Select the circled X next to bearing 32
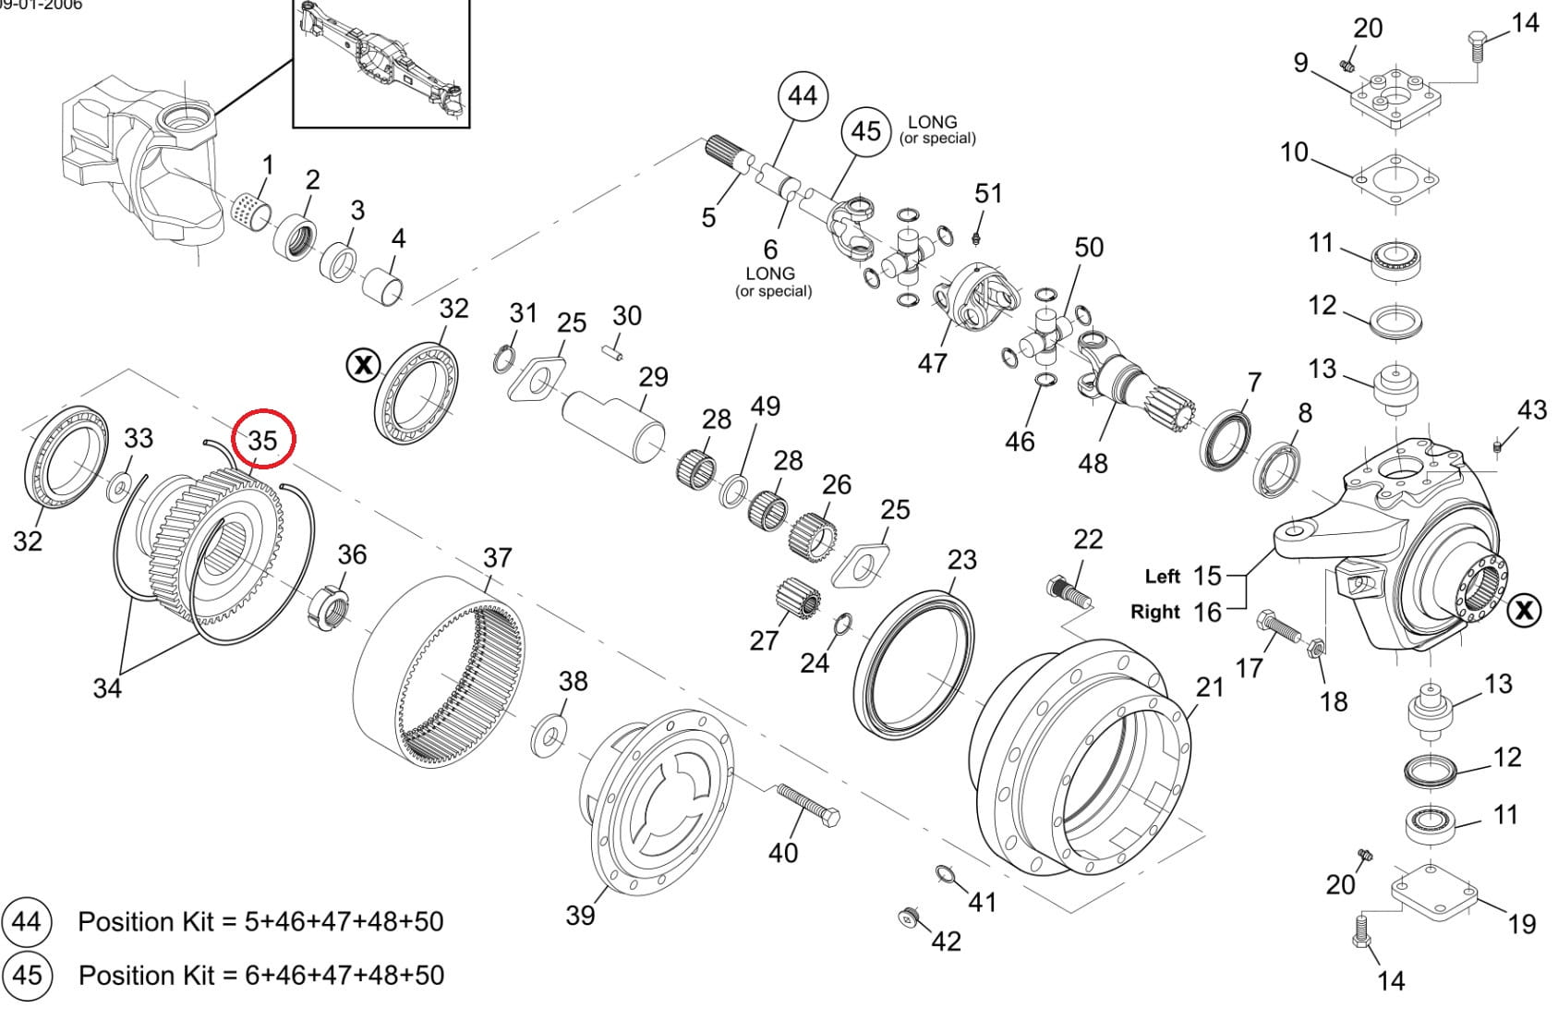tap(363, 365)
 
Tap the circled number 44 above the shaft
tap(803, 96)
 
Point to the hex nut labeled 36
tap(328, 609)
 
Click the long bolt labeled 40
tap(808, 806)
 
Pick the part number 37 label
tap(498, 557)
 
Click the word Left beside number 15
tap(1162, 577)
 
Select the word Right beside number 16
tap(1155, 612)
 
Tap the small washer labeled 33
tap(120, 486)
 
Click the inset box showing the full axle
tap(381, 64)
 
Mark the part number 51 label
tap(988, 193)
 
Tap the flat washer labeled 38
tap(549, 735)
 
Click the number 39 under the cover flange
tap(580, 916)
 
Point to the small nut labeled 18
tap(1315, 649)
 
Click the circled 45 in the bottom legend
tap(27, 976)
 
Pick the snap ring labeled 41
tap(945, 874)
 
